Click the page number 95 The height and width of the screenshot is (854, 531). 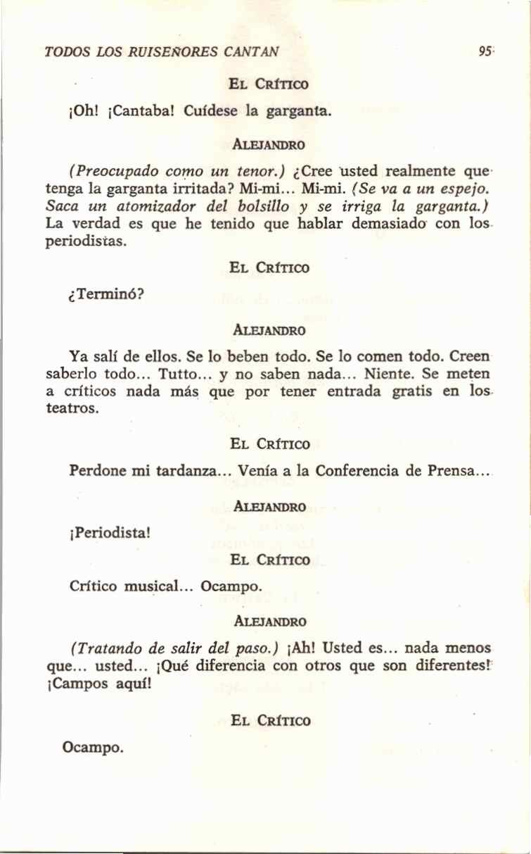tap(483, 51)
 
